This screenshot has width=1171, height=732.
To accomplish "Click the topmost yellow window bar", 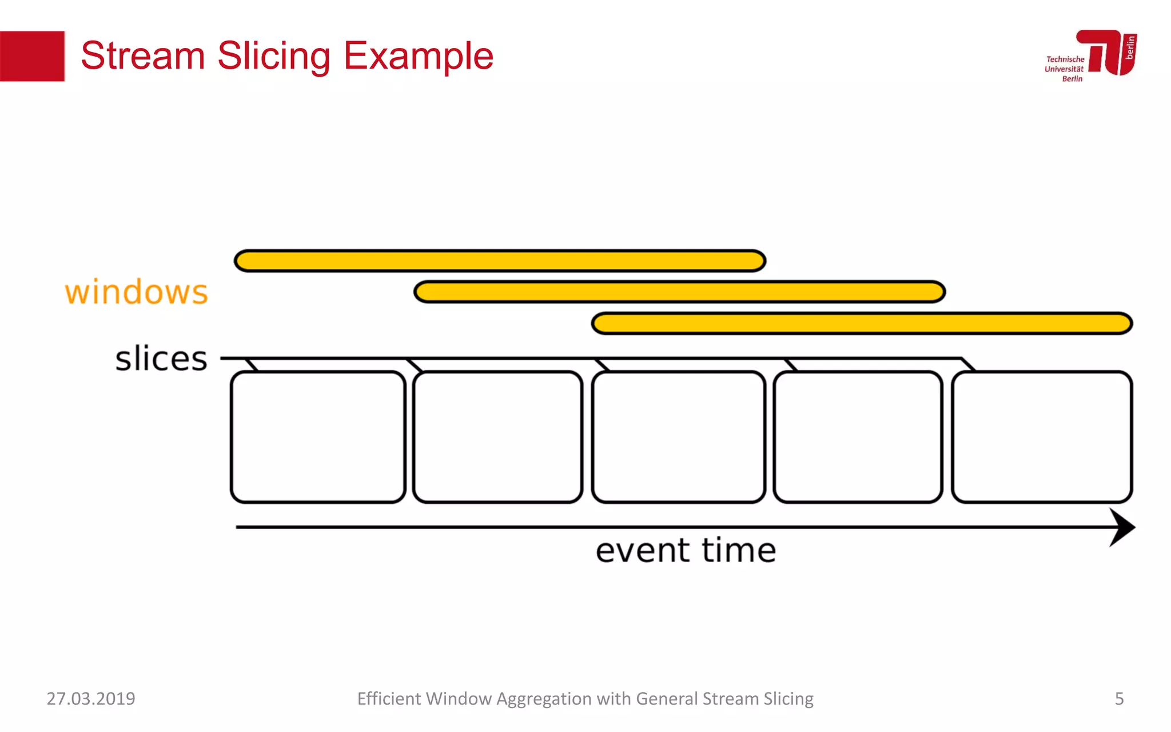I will pos(500,261).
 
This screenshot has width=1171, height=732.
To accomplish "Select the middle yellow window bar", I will pos(679,292).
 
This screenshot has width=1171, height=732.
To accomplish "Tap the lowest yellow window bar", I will pos(862,323).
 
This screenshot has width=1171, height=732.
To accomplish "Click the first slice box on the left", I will pos(318,437).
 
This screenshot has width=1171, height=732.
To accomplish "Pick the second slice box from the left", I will pos(497,437).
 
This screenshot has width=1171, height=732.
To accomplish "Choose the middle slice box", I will pos(678,437).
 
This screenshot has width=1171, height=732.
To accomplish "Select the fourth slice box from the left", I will pos(858,437).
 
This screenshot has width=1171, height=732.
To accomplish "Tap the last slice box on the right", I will pos(1042,437).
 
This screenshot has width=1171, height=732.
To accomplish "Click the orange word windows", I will pos(136,292).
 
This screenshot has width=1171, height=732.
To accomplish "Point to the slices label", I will pos(161,359).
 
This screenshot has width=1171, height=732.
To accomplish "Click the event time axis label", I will pos(686,551).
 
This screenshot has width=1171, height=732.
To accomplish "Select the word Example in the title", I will pos(419,57).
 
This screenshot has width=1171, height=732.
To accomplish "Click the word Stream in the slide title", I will pos(143,56).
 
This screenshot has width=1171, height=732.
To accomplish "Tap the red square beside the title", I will pos(32,56).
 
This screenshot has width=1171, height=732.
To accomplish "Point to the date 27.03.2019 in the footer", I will pos(91,698).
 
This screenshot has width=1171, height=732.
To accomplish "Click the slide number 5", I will pos(1119,698).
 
